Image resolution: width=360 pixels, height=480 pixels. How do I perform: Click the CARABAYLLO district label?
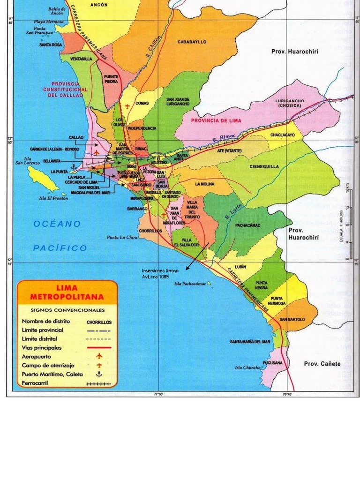click(192, 42)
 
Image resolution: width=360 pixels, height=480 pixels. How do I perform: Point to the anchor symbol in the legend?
click(99, 374)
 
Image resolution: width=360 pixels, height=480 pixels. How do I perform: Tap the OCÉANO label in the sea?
click(57, 224)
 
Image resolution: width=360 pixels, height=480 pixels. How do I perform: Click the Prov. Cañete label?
click(322, 364)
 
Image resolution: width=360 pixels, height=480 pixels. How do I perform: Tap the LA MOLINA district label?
click(204, 183)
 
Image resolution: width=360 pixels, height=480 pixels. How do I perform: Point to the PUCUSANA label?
click(272, 363)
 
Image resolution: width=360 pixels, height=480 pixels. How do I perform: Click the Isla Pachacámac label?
click(190, 284)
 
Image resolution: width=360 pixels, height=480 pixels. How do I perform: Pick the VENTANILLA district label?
click(81, 59)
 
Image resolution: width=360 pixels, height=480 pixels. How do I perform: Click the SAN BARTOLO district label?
click(292, 319)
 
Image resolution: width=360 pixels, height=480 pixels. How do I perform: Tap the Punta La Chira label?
click(122, 237)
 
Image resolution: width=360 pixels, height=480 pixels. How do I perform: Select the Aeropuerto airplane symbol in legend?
click(99, 356)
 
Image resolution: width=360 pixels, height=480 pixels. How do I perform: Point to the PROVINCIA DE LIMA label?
click(216, 120)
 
